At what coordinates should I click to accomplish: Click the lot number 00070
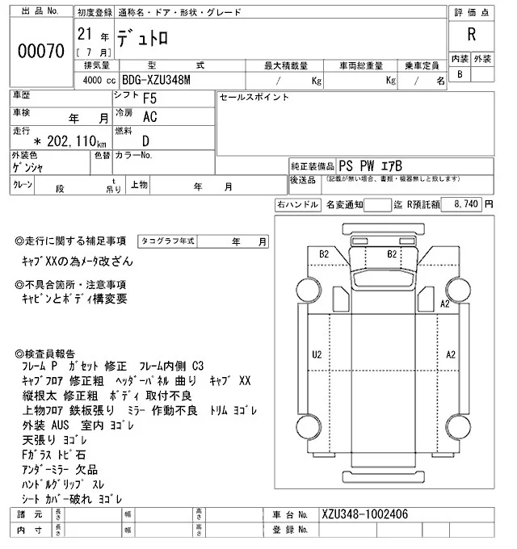pos(40,51)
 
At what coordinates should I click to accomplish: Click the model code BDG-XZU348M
pos(157,81)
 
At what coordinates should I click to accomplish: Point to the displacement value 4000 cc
pos(96,81)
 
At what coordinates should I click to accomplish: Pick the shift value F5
pos(150,99)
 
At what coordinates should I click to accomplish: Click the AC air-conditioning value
pos(149,117)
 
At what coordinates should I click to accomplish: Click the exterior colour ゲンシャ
pos(29,167)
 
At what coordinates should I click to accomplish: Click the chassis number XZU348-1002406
pos(364,514)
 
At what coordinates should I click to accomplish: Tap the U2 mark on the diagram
pos(317,354)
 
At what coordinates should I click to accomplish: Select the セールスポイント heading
pos(254,97)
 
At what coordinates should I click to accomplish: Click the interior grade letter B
pos(460,74)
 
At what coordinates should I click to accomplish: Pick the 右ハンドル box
pos(297,205)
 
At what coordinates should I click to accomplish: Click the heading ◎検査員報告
pos(48,354)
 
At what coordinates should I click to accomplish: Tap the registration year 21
pos(83,35)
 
